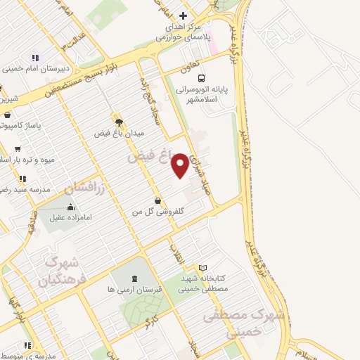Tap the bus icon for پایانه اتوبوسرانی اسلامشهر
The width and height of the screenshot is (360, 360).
[202, 78]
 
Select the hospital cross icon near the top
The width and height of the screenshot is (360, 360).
[183, 15]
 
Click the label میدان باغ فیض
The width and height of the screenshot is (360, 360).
[120, 131]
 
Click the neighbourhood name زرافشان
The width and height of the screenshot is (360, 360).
[84, 188]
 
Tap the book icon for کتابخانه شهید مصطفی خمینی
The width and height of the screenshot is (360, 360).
[203, 268]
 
